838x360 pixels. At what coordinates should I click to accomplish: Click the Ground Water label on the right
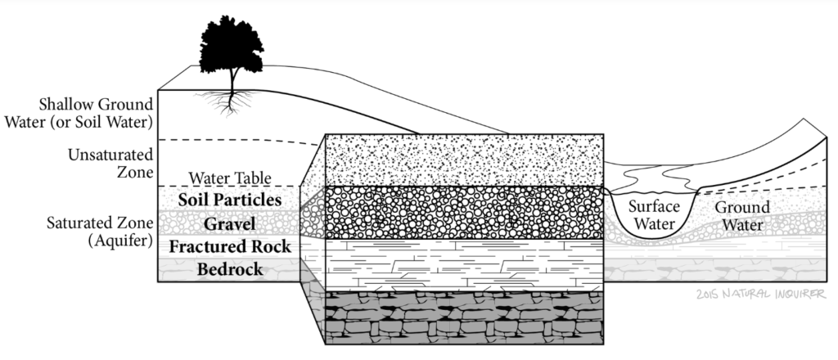pyautogui.click(x=737, y=215)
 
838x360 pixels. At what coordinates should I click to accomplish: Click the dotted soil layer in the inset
pyautogui.click(x=464, y=159)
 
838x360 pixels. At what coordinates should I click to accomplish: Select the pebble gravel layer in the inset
pyautogui.click(x=464, y=213)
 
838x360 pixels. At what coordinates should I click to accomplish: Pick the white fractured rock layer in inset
pyautogui.click(x=464, y=264)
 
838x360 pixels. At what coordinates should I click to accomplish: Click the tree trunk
pyautogui.click(x=234, y=80)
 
